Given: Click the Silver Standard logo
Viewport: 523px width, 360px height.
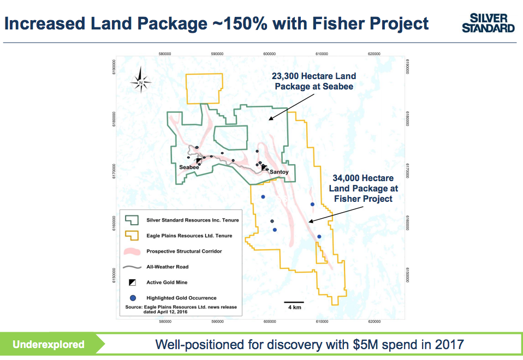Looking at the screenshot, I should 488,23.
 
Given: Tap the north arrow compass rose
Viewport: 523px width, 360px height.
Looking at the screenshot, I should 141,82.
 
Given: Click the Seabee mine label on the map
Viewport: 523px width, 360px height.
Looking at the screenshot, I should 188,167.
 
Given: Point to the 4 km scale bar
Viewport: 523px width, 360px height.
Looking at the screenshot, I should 294,302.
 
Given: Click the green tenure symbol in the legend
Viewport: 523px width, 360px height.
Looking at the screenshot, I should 132,220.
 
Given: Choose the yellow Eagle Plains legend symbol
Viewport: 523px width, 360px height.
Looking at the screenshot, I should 132,236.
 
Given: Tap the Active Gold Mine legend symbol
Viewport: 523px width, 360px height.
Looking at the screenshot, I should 132,283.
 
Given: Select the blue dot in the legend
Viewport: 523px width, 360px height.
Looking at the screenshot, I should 132,298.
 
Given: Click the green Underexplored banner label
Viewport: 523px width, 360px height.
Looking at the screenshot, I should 49,344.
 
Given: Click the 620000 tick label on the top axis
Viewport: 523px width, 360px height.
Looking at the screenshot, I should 374,54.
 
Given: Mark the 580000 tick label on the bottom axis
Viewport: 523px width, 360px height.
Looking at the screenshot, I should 165,322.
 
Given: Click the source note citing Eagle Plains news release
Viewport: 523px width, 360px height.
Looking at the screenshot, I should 180,309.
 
